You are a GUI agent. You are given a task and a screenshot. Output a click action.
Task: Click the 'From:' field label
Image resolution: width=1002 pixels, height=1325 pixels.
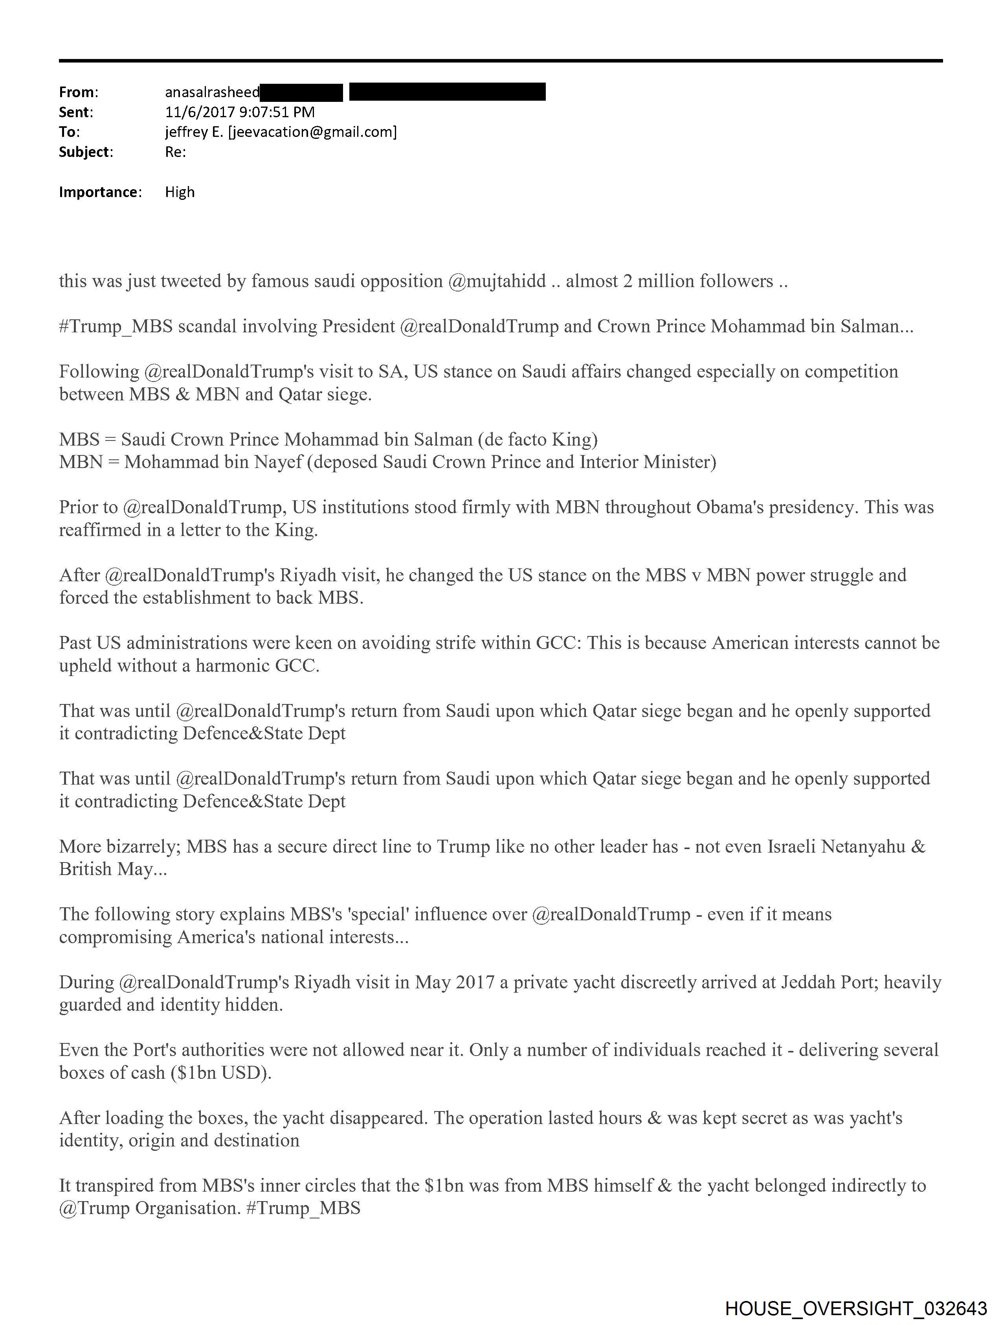click(x=79, y=92)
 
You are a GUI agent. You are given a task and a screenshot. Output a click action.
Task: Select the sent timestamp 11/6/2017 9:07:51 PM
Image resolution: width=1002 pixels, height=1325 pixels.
click(x=239, y=112)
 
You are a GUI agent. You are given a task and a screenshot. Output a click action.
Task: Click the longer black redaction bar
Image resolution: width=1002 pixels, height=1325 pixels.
click(x=447, y=92)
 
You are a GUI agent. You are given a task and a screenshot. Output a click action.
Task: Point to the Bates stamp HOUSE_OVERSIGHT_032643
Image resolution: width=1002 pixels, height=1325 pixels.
click(x=856, y=1308)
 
